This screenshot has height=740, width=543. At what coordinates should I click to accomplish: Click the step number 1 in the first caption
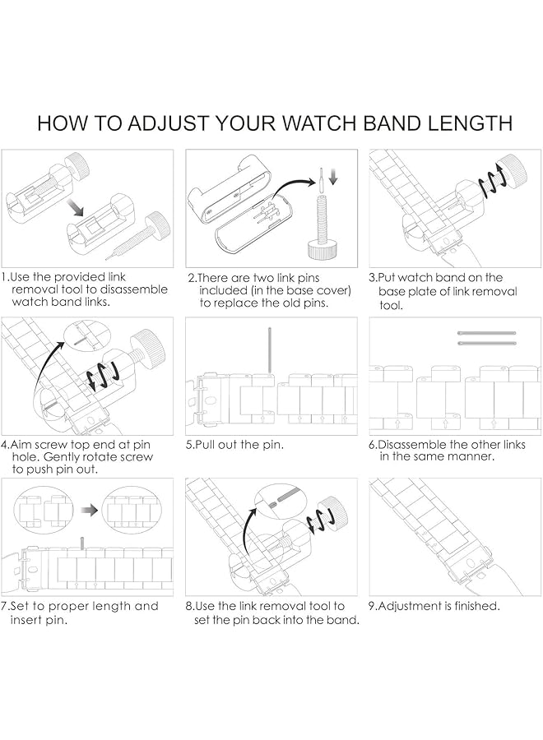(x=5, y=278)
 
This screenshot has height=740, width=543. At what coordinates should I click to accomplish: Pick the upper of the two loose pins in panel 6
(x=486, y=332)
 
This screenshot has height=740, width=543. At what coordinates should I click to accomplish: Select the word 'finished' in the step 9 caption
(x=472, y=607)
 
